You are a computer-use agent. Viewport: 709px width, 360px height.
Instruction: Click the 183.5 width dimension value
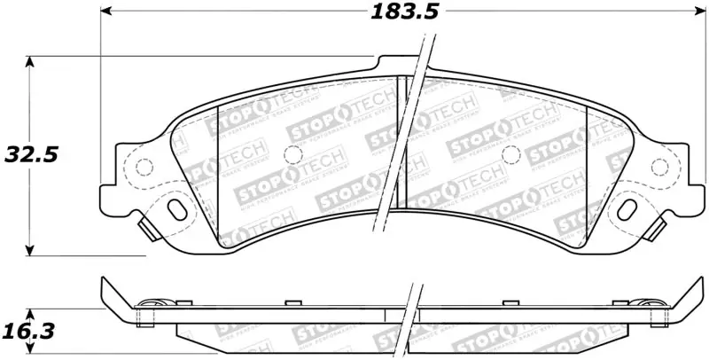click(402, 12)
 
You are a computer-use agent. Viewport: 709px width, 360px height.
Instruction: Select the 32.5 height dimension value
click(30, 154)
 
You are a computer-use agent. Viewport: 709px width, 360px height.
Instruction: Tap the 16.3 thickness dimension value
click(30, 333)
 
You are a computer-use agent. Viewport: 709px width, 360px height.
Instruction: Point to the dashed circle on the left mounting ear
click(142, 167)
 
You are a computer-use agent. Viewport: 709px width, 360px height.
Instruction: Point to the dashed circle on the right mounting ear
click(659, 168)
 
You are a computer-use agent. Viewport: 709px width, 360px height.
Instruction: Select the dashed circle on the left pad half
click(291, 153)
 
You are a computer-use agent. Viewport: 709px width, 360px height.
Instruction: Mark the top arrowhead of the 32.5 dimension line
click(32, 62)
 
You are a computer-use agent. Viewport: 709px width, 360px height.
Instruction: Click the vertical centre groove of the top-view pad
click(401, 142)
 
